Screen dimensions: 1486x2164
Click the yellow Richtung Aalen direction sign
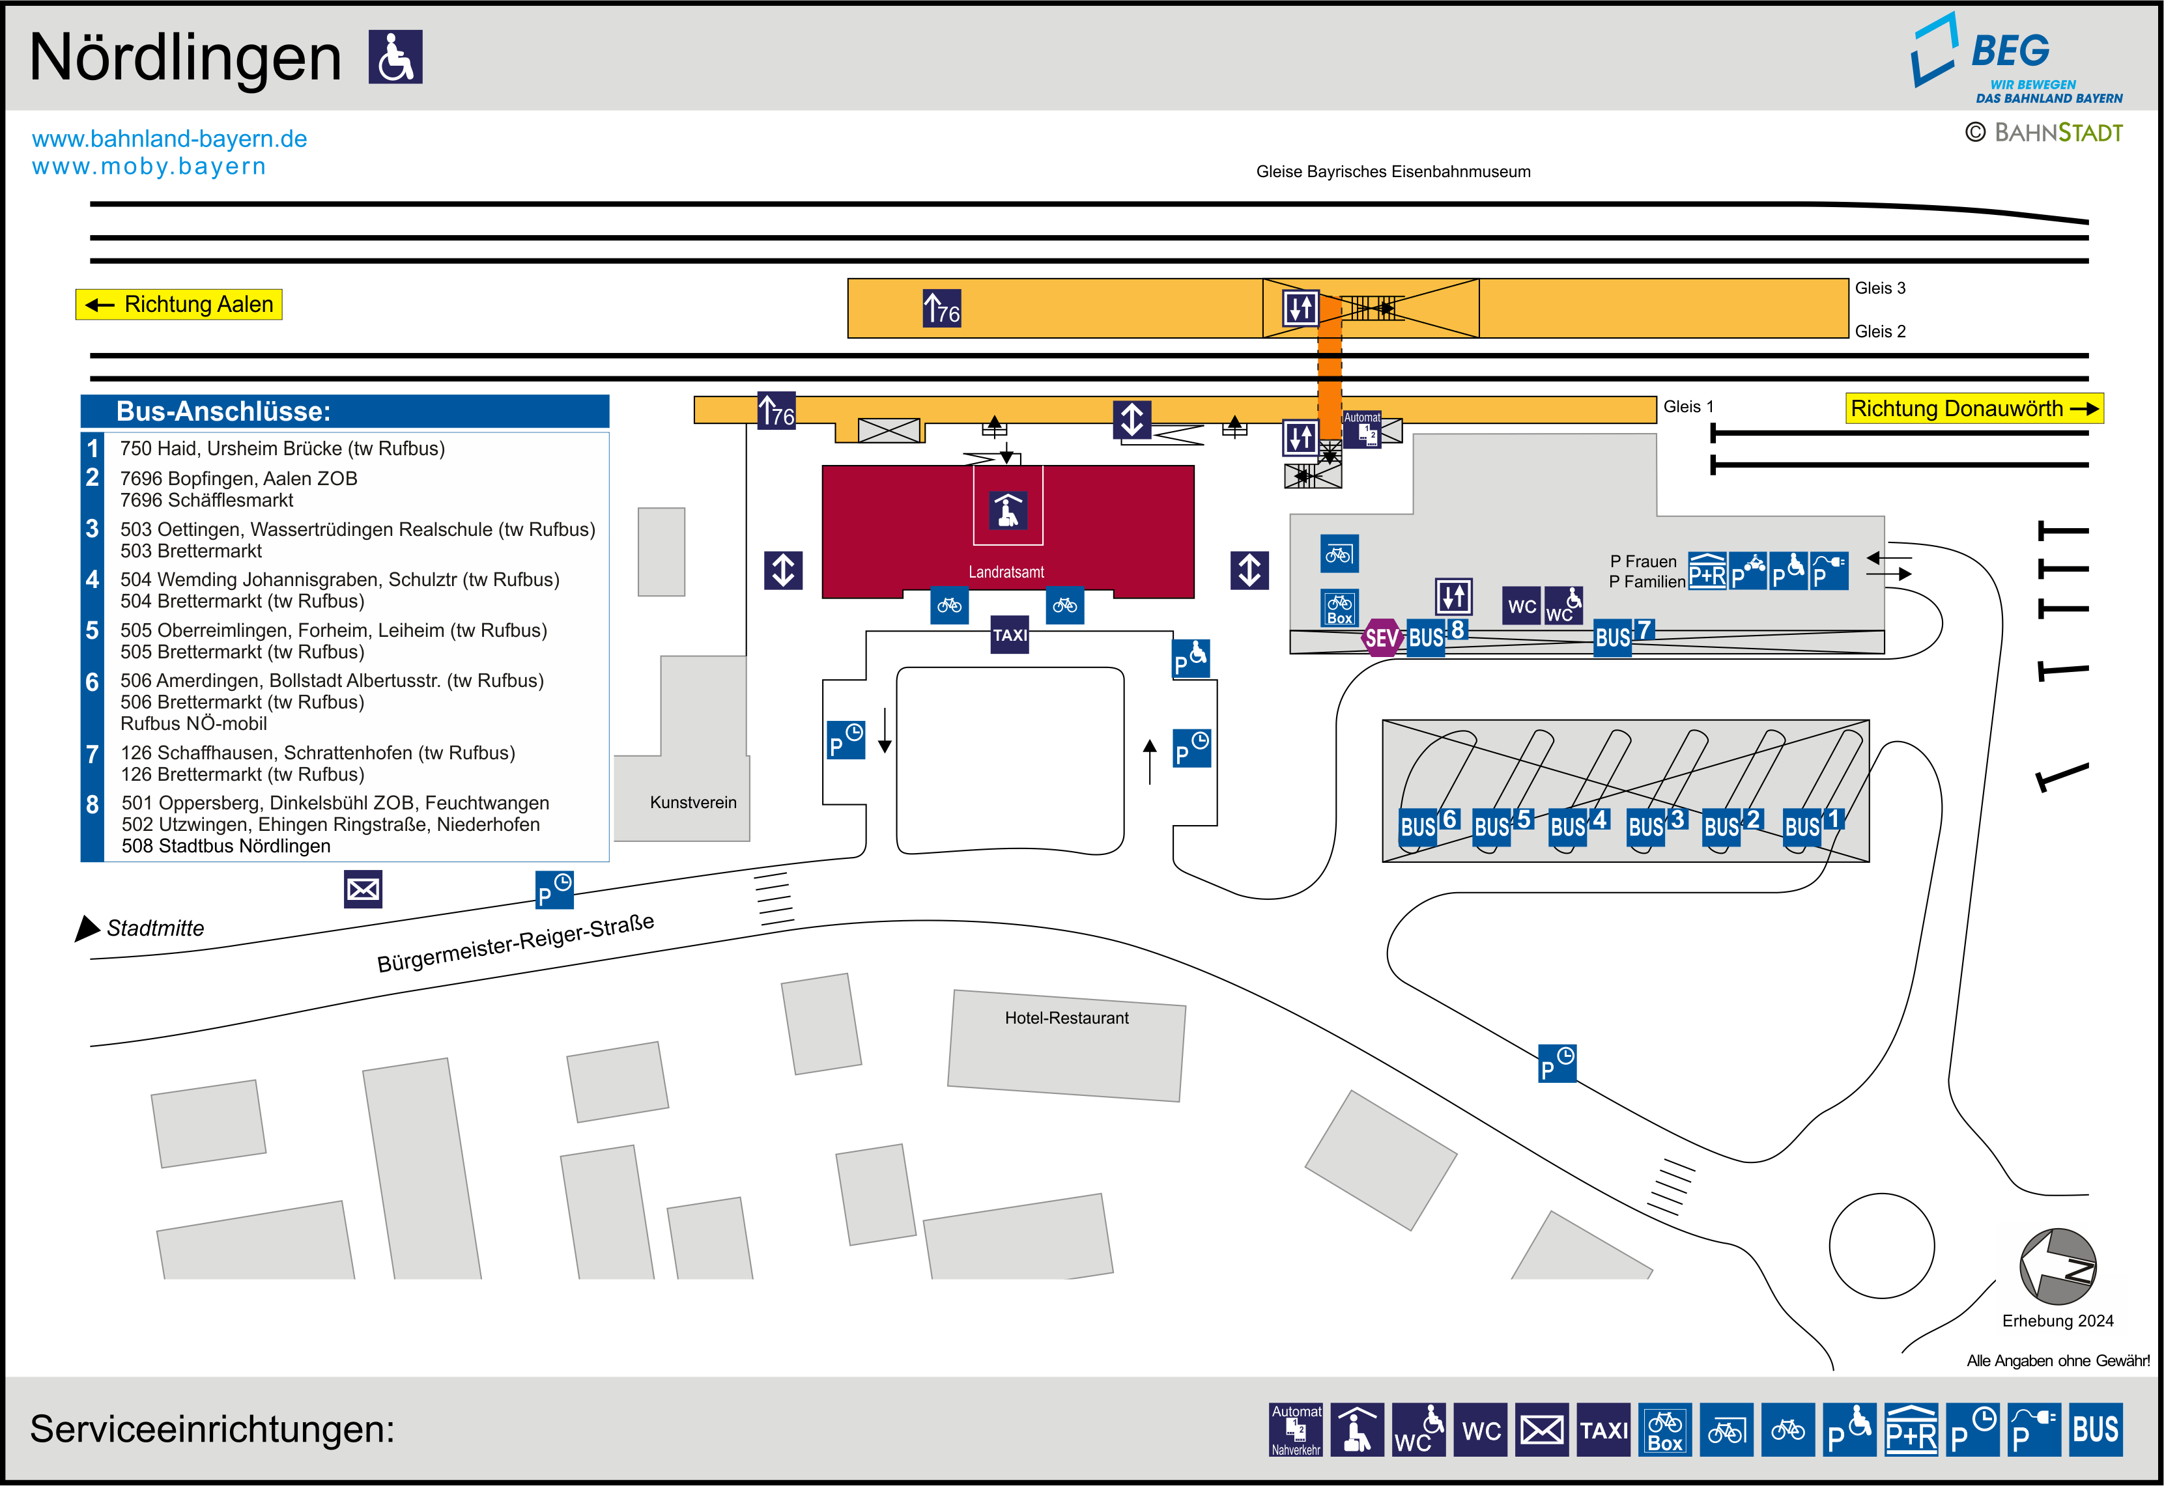[x=178, y=305]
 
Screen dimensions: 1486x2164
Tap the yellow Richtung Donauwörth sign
[x=1973, y=409]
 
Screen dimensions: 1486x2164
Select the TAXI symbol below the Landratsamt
[x=1010, y=635]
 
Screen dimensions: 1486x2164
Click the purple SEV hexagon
[x=1381, y=638]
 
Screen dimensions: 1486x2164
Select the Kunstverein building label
[x=692, y=803]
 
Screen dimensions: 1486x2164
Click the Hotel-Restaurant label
[x=1066, y=1018]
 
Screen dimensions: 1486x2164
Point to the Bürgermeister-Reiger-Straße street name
[x=515, y=942]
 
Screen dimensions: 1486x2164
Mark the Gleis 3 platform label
[x=1879, y=288]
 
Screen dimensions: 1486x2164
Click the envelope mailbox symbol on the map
[x=363, y=889]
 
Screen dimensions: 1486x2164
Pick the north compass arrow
[x=2057, y=1267]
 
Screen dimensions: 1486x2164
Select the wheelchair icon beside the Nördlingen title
[x=396, y=57]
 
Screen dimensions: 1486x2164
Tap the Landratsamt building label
[x=1006, y=572]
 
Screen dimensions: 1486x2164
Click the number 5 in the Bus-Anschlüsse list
[x=93, y=630]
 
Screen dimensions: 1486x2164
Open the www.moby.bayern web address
[x=149, y=167]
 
